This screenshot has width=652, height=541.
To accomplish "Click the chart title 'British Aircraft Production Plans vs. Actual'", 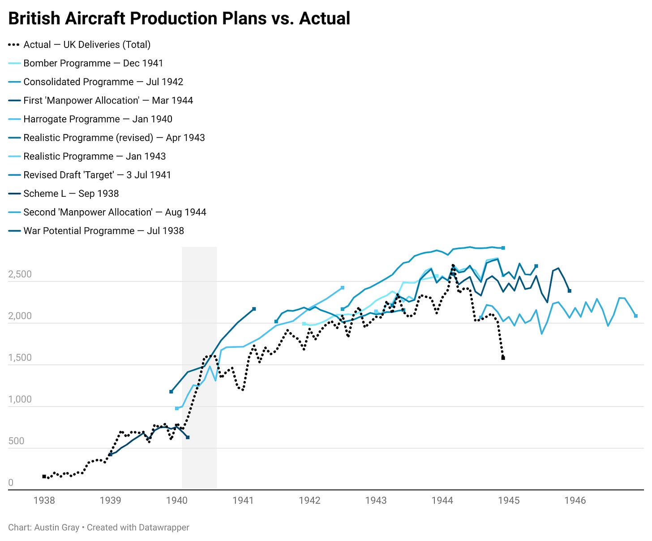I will pos(179,18).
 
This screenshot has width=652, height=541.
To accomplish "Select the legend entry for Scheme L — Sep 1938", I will pos(71,194).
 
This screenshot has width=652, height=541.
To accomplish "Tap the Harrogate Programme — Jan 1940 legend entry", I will pos(98,119).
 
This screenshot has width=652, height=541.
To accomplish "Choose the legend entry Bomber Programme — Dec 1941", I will pos(93,63).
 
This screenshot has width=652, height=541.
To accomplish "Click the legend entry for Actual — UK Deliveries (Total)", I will pos(87,45).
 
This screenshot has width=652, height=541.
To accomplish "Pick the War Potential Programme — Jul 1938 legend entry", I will pos(103,231).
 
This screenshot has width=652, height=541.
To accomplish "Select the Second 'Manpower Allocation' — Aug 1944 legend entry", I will pos(115,212).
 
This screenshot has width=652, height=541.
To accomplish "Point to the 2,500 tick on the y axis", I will pos(20,274).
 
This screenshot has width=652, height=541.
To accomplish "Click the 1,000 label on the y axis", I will pos(20,399).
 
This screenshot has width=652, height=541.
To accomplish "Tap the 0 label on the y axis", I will pos(11,483).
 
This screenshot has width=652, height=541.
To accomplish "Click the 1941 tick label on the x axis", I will pos(243,500).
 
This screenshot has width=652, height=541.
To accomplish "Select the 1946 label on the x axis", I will pos(575,500).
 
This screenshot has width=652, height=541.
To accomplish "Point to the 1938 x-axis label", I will pos(44,500).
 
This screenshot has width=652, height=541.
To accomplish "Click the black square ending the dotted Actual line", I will pos(503,358).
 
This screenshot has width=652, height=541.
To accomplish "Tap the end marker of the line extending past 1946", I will pos(636,316).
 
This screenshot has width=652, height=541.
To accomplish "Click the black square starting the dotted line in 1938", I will pos(44,476).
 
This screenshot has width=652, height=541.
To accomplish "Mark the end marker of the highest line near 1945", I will pos(503,248).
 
